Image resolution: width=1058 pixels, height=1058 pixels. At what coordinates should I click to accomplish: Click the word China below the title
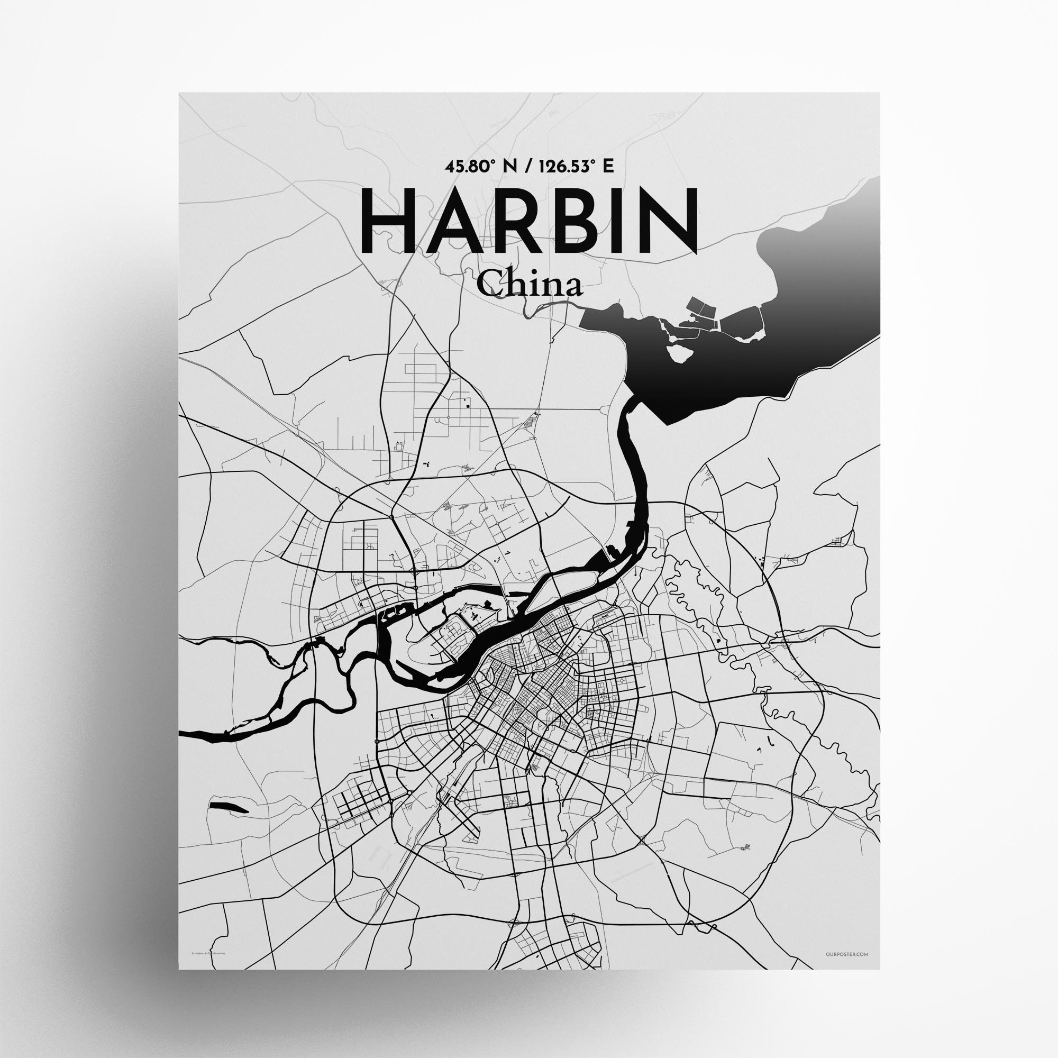(x=528, y=286)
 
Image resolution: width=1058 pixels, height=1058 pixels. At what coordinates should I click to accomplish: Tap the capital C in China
(x=488, y=286)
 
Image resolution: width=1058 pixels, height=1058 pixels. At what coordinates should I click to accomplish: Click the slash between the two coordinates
(x=526, y=167)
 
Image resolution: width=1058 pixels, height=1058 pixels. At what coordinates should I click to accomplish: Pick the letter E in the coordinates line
(x=608, y=167)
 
